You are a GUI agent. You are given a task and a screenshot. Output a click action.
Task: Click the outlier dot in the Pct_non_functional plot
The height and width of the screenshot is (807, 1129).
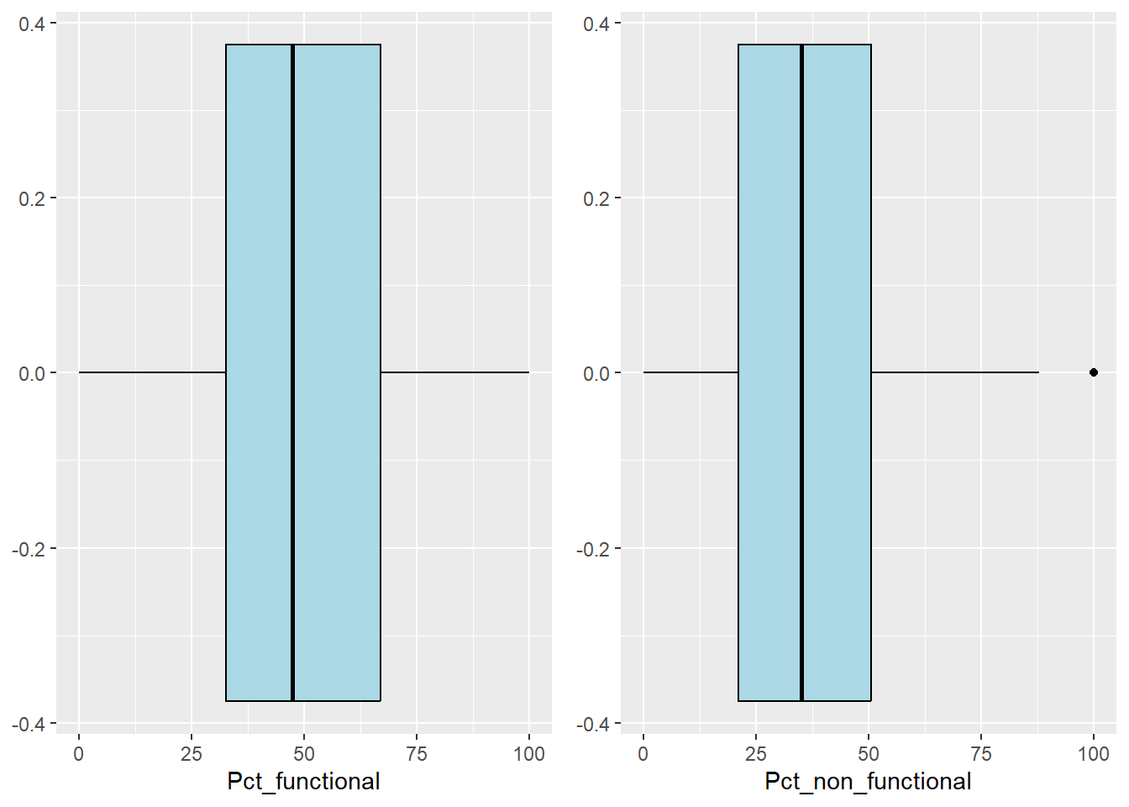pyautogui.click(x=1093, y=372)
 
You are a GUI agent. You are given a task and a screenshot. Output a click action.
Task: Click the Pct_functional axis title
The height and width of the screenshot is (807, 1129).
pyautogui.click(x=303, y=782)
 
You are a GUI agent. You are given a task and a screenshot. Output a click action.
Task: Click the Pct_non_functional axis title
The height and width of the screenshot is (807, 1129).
pyautogui.click(x=868, y=782)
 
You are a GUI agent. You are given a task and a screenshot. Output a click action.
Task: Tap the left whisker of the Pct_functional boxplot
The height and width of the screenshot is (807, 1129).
pyautogui.click(x=152, y=372)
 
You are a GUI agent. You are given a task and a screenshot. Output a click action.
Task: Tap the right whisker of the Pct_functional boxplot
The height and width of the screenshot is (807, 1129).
pyautogui.click(x=454, y=372)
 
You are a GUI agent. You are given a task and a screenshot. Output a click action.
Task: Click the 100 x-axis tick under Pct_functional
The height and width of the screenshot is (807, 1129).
pyautogui.click(x=529, y=754)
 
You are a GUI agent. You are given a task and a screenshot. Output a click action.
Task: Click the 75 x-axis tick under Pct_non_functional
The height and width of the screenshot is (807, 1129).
pyautogui.click(x=981, y=754)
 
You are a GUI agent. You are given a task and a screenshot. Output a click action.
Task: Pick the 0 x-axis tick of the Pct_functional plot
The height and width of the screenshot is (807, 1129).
pyautogui.click(x=79, y=754)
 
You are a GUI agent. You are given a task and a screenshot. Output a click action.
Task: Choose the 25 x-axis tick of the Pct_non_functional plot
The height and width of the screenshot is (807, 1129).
pyautogui.click(x=756, y=754)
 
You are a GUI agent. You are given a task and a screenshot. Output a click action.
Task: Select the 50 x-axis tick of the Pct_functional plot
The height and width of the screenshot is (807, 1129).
pyautogui.click(x=304, y=754)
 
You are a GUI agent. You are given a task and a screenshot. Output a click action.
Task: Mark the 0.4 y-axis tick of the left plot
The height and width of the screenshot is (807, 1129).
pyautogui.click(x=33, y=24)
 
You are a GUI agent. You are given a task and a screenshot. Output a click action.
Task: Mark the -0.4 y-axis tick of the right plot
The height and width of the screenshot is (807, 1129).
pyautogui.click(x=594, y=724)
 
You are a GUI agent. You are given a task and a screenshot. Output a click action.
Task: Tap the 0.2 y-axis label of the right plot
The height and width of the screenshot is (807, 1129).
pyautogui.click(x=596, y=198)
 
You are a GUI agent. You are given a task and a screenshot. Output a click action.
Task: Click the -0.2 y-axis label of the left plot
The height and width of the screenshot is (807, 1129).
pyautogui.click(x=29, y=549)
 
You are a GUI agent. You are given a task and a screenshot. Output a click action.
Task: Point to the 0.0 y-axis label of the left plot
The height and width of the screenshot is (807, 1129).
pyautogui.click(x=33, y=373)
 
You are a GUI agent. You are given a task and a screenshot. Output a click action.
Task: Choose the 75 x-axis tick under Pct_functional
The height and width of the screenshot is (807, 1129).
pyautogui.click(x=417, y=754)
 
